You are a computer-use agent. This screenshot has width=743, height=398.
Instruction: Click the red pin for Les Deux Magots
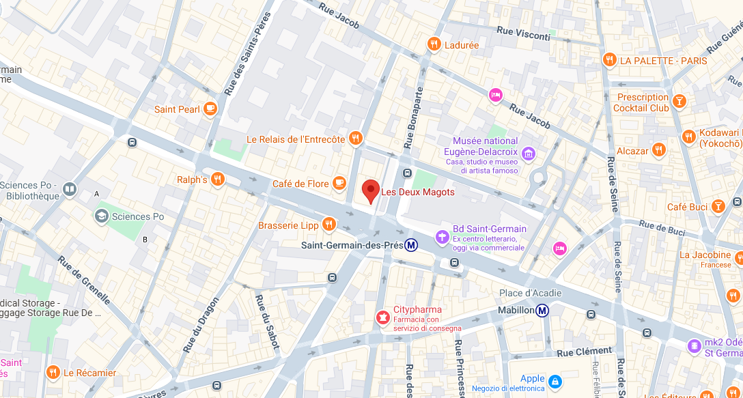click(x=370, y=190)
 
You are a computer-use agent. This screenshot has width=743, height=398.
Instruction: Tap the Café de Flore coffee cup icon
click(x=339, y=183)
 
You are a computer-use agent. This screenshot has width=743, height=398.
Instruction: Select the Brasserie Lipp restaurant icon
click(x=329, y=224)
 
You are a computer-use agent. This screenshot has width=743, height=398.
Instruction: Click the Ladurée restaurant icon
click(x=433, y=45)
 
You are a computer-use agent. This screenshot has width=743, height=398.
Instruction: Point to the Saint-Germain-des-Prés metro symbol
click(x=411, y=244)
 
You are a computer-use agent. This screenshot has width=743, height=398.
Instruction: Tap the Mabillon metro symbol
click(x=542, y=311)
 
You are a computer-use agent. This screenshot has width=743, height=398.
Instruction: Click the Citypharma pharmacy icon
click(x=383, y=317)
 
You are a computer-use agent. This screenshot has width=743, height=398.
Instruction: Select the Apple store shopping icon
click(x=555, y=380)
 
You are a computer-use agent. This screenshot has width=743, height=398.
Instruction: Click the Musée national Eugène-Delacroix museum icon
click(x=528, y=154)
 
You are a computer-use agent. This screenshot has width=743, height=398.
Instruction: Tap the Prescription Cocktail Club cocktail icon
click(x=679, y=102)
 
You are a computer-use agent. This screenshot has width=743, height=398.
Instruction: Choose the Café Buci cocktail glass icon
click(x=718, y=206)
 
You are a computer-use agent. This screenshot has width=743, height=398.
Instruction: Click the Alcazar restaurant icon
click(x=658, y=150)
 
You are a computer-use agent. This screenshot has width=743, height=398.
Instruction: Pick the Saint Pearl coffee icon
click(x=210, y=109)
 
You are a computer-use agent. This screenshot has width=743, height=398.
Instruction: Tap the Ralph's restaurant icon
click(x=218, y=179)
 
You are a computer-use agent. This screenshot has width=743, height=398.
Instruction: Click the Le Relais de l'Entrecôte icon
click(x=354, y=139)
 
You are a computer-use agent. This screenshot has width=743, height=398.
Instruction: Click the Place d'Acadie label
click(x=529, y=294)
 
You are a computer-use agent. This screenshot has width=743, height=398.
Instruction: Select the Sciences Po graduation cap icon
click(x=102, y=216)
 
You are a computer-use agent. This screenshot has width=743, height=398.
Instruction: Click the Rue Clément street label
click(x=584, y=352)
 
